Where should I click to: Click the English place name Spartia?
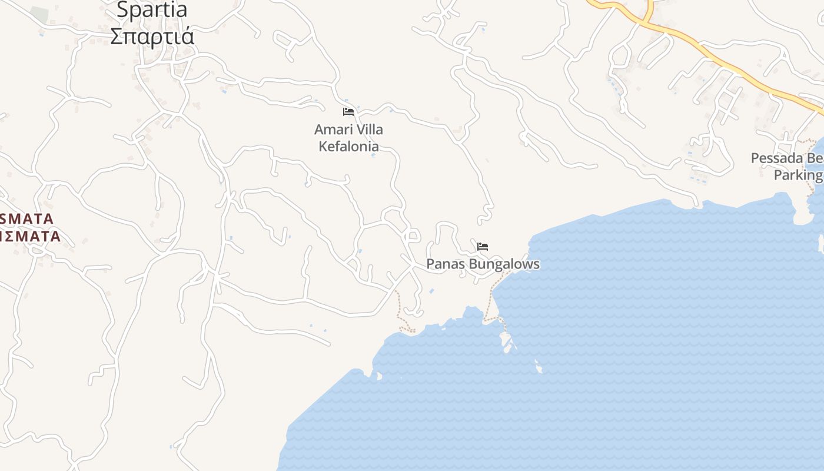[152, 9]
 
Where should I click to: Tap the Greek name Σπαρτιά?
[152, 36]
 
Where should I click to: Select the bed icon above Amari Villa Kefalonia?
[348, 111]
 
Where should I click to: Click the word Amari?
[332, 130]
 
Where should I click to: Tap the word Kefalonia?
[348, 146]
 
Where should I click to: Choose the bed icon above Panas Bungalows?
[483, 246]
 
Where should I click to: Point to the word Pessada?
[777, 158]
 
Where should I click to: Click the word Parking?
[798, 175]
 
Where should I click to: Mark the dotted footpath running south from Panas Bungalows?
[490, 300]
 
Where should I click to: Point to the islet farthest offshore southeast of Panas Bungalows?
[539, 369]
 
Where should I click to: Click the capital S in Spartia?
[124, 9]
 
